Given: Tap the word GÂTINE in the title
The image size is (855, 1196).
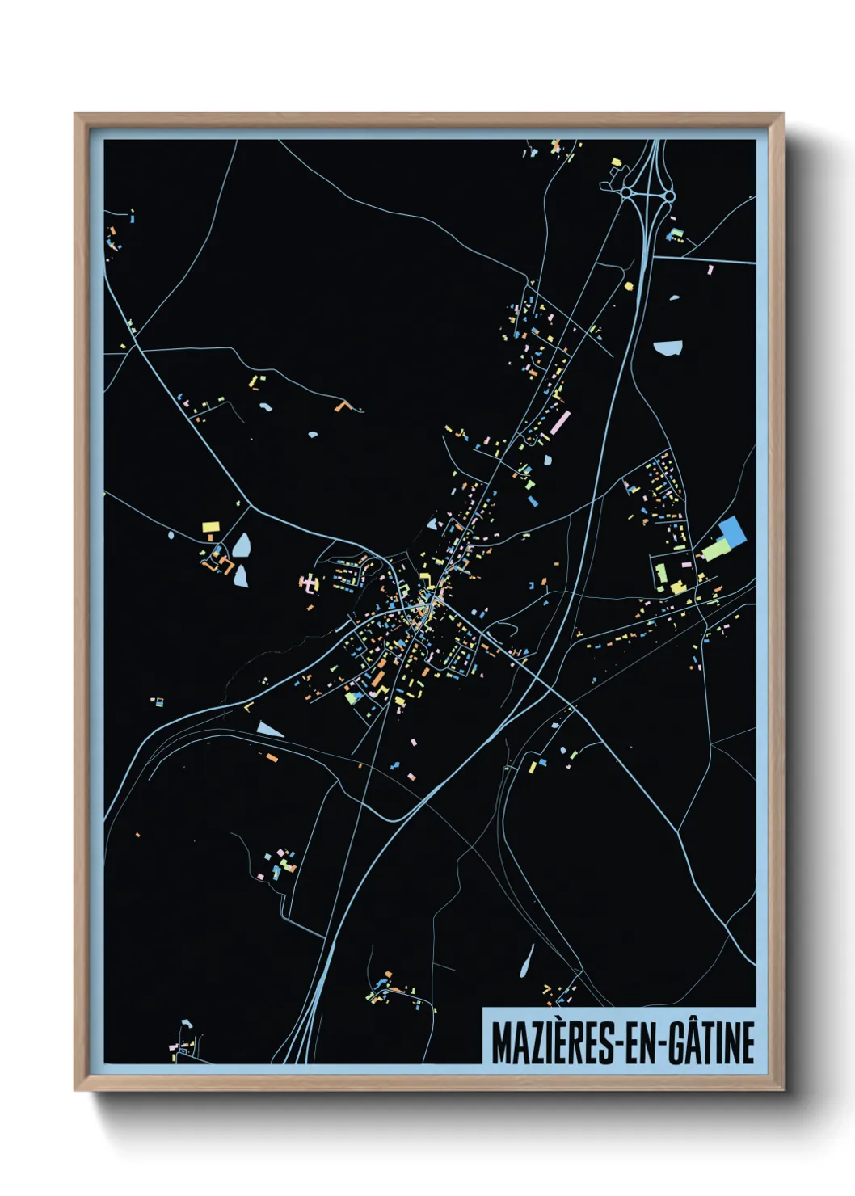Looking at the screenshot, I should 711,1043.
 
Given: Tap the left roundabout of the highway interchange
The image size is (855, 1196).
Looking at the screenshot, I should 625,193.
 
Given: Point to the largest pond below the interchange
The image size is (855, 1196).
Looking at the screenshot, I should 668,348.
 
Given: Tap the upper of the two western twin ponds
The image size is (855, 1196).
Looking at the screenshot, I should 242,545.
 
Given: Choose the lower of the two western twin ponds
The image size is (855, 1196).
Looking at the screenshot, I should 241,576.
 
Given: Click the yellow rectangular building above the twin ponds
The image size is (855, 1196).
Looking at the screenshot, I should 211,526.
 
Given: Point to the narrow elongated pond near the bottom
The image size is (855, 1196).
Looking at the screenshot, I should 527,961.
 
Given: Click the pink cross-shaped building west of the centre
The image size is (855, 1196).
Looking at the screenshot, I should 310,582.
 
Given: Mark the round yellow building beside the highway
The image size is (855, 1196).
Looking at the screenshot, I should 628,285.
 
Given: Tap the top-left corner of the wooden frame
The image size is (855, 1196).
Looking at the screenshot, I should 75,114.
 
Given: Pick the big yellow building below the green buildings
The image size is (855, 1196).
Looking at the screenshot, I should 677,587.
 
